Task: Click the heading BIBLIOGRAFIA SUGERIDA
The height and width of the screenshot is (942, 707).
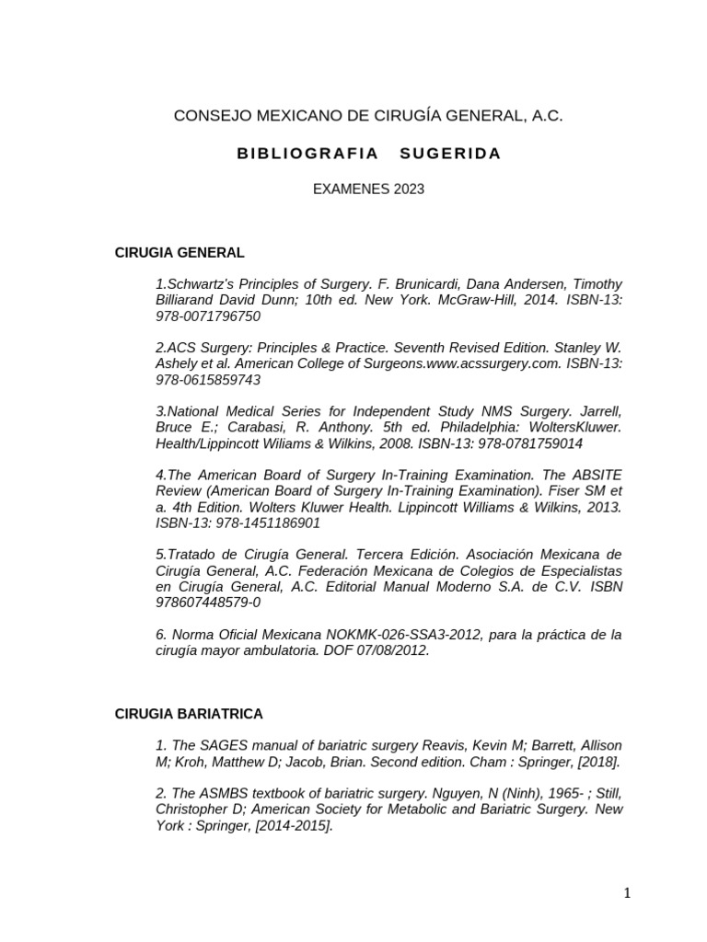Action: [x=368, y=154]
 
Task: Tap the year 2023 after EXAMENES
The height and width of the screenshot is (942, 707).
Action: [x=409, y=190]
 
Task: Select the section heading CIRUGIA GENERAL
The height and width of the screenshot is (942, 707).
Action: [x=179, y=252]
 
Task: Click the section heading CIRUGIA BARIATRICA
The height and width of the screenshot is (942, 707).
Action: [x=189, y=714]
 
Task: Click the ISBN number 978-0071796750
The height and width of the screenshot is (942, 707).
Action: [x=208, y=316]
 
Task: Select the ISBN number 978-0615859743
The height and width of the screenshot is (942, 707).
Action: [x=208, y=380]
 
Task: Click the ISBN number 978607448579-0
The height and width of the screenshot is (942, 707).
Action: [x=208, y=602]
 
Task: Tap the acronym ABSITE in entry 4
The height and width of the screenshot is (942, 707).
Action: [x=593, y=475]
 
